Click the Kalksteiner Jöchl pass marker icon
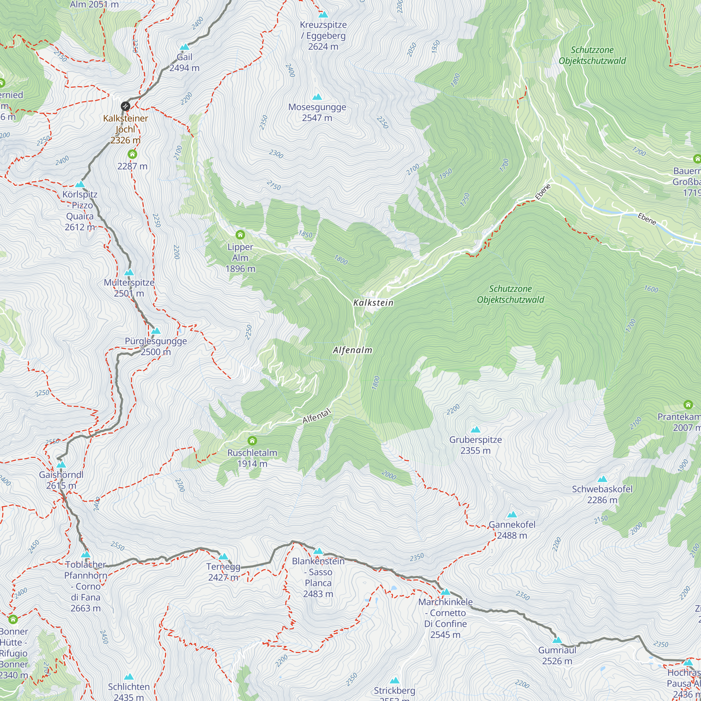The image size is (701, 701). point(125,106)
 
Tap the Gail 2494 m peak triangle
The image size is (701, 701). point(185,47)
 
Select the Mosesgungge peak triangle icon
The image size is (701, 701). point(317,97)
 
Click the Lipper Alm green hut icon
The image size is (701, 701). point(240,235)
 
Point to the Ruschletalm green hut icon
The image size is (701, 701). point(252,441)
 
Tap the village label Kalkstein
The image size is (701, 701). point(373,302)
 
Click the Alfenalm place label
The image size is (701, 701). point(352,350)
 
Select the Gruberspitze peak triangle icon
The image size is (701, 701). point(475,430)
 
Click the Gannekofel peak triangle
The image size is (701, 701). point(512,515)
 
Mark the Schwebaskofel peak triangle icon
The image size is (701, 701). point(602,479)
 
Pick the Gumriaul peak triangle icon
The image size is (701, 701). point(557,640)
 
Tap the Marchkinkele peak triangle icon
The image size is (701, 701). point(445,592)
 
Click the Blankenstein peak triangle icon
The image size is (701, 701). point(318,551)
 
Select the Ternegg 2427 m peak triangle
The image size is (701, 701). point(223,556)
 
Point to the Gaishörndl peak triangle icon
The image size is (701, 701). point(61,464)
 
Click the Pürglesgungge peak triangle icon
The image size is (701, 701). point(156,331)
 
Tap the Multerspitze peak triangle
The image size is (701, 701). point(129,272)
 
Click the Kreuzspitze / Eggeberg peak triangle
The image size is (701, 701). point(323,14)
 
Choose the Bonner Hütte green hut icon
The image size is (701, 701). point(13,619)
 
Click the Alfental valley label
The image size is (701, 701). point(317,416)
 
